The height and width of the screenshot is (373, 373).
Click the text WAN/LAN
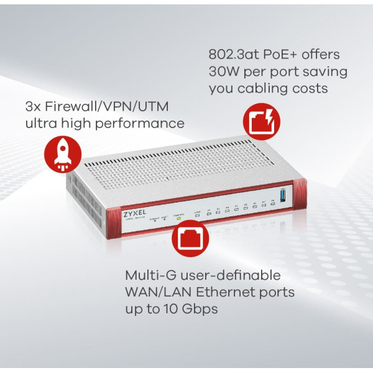click(154, 292)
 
